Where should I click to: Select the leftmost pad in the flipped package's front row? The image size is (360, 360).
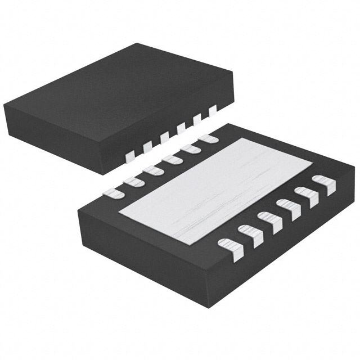(x=229, y=248)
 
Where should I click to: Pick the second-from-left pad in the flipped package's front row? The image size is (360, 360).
(x=248, y=234)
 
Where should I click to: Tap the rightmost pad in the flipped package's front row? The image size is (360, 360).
(x=324, y=183)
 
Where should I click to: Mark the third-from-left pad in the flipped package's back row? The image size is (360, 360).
(x=152, y=169)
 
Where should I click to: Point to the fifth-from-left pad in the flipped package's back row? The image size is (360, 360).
(x=190, y=148)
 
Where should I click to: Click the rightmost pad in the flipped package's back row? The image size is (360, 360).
(x=209, y=137)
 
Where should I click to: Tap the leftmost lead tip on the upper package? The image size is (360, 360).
(x=129, y=154)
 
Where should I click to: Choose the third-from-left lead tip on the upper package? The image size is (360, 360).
(x=164, y=137)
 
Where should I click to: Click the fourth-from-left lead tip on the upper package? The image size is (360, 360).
(x=181, y=129)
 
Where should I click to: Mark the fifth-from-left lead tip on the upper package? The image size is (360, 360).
(x=197, y=120)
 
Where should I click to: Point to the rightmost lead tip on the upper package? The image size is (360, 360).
(x=213, y=111)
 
